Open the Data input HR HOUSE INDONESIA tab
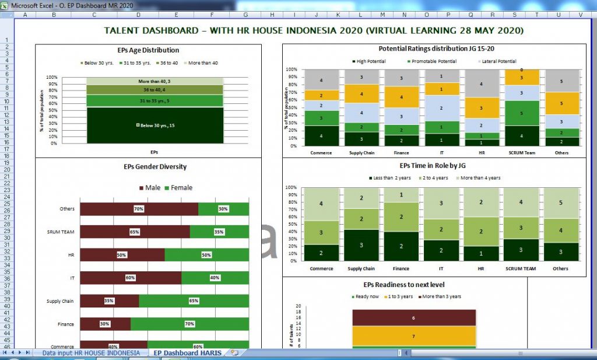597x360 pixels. [91, 353]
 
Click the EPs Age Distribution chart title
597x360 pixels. [148, 50]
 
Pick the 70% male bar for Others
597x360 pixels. [139, 209]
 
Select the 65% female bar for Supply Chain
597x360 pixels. [194, 301]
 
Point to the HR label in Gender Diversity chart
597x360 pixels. [71, 255]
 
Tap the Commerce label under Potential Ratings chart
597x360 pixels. [321, 153]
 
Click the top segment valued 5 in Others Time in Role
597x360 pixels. [560, 203]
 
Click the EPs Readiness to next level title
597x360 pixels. [404, 285]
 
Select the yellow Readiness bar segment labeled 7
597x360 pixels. [414, 336]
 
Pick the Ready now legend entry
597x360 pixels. [367, 296]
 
